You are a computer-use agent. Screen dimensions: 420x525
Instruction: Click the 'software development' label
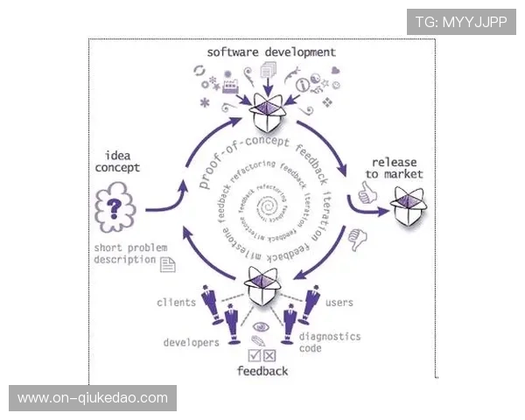259,52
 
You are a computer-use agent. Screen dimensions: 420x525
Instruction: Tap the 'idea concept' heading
117,161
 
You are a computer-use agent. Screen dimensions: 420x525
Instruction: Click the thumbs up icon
363,192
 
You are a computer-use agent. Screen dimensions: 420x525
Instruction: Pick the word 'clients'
176,303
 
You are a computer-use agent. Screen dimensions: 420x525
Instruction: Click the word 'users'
339,303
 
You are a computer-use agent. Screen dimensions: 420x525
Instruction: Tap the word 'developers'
191,342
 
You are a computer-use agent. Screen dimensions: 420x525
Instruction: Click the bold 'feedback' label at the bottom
262,371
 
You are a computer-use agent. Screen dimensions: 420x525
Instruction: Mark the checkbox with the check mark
255,354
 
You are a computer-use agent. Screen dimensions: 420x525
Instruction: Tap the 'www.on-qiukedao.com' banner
93,398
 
